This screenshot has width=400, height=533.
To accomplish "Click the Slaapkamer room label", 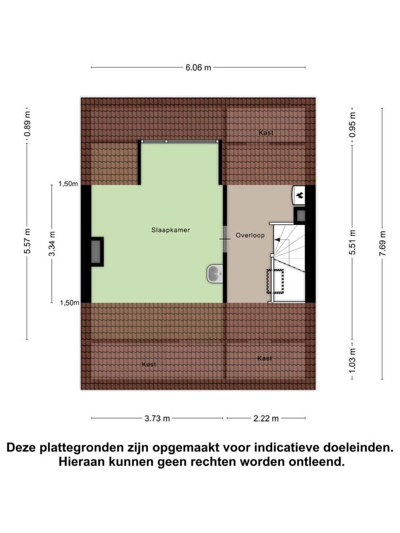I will (x=171, y=229).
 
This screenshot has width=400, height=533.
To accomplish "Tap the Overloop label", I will (x=250, y=235).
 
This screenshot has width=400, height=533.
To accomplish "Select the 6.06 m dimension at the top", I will (x=198, y=68).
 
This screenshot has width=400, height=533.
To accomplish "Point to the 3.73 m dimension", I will (x=157, y=418).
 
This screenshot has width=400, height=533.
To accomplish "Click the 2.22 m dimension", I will (x=266, y=418).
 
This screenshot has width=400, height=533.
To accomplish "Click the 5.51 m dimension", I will (x=352, y=242).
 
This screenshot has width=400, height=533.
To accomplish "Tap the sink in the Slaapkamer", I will (x=215, y=273).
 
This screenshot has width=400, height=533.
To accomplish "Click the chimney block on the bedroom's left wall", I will (x=97, y=252).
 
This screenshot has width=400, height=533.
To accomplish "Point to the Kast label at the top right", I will (x=266, y=133).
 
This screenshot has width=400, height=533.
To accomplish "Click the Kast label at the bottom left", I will (x=149, y=364).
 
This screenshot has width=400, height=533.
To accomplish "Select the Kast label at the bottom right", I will (x=264, y=359).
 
